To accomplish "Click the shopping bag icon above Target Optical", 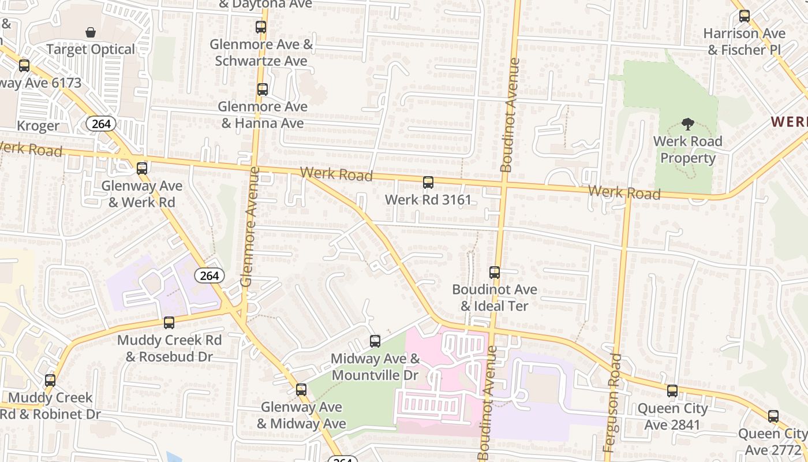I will tap(91, 32).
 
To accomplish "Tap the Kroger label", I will tap(38, 126).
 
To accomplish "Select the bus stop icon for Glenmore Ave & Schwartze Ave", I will tap(261, 27).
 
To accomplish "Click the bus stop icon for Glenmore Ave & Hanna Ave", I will tap(263, 90).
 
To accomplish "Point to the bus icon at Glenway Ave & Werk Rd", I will tap(142, 169).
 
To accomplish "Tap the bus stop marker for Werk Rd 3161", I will tap(428, 183).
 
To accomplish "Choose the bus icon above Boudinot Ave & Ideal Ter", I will tap(495, 273).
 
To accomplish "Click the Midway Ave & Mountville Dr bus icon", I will tap(375, 341).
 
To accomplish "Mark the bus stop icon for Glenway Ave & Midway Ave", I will tap(301, 390).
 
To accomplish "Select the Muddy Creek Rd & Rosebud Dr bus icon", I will tap(169, 323).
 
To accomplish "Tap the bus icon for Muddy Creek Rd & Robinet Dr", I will tap(50, 381).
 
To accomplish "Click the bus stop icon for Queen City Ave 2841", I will tap(672, 391).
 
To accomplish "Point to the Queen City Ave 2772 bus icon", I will tap(773, 416).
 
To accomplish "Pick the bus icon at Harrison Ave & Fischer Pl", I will tap(745, 16).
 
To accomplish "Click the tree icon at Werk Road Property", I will tap(687, 124).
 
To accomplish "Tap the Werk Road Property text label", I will tap(687, 150).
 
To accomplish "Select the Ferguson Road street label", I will tap(612, 403).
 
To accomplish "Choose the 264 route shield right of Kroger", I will tap(102, 124).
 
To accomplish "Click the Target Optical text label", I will tap(91, 50).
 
